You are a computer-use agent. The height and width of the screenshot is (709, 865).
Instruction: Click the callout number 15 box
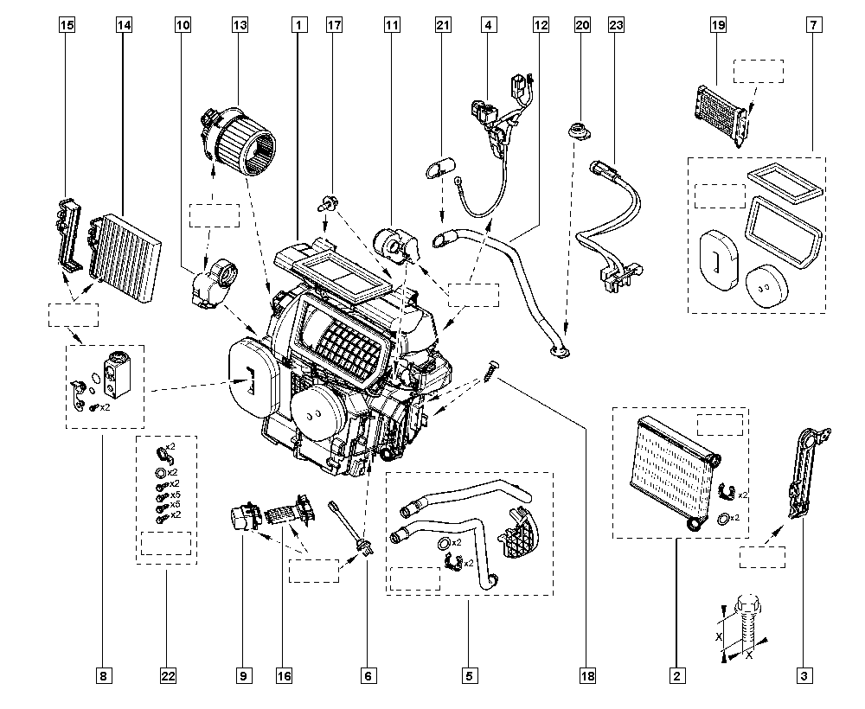point(67,25)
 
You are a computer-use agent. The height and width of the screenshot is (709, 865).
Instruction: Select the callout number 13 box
point(240,25)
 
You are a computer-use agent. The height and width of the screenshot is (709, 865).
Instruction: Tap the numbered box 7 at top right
point(814,25)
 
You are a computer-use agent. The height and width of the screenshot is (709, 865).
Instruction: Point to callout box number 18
point(587,675)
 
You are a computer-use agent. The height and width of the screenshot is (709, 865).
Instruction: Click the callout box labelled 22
point(168,675)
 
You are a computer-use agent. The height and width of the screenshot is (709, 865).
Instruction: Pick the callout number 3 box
point(804,675)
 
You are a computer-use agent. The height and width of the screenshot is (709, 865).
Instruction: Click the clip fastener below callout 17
point(327,204)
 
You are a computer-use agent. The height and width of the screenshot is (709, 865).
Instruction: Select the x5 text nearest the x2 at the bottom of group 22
point(176,504)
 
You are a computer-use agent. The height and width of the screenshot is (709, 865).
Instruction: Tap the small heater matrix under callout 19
point(722,115)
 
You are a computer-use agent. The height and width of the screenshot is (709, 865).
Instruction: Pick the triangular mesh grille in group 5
point(517,533)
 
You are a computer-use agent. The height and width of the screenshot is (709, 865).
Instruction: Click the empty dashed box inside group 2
point(720,425)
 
